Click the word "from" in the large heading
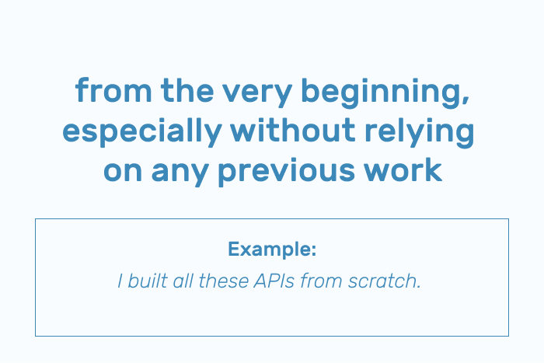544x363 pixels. click(113, 90)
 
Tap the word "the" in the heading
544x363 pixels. click(187, 90)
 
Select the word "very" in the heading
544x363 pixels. click(257, 94)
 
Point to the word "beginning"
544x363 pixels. click(381, 93)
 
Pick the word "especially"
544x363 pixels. click(142, 133)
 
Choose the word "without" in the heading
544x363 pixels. click(293, 130)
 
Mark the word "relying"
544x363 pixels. click(419, 133)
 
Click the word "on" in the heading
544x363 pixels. click(123, 172)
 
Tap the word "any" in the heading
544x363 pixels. click(180, 174)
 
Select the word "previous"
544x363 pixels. click(287, 173)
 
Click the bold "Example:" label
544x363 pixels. click(272, 249)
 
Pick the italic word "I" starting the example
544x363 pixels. click(120, 281)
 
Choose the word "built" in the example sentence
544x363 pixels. click(148, 281)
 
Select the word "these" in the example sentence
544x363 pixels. click(224, 281)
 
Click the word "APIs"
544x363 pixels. click(274, 281)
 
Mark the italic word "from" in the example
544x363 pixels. click(321, 281)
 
